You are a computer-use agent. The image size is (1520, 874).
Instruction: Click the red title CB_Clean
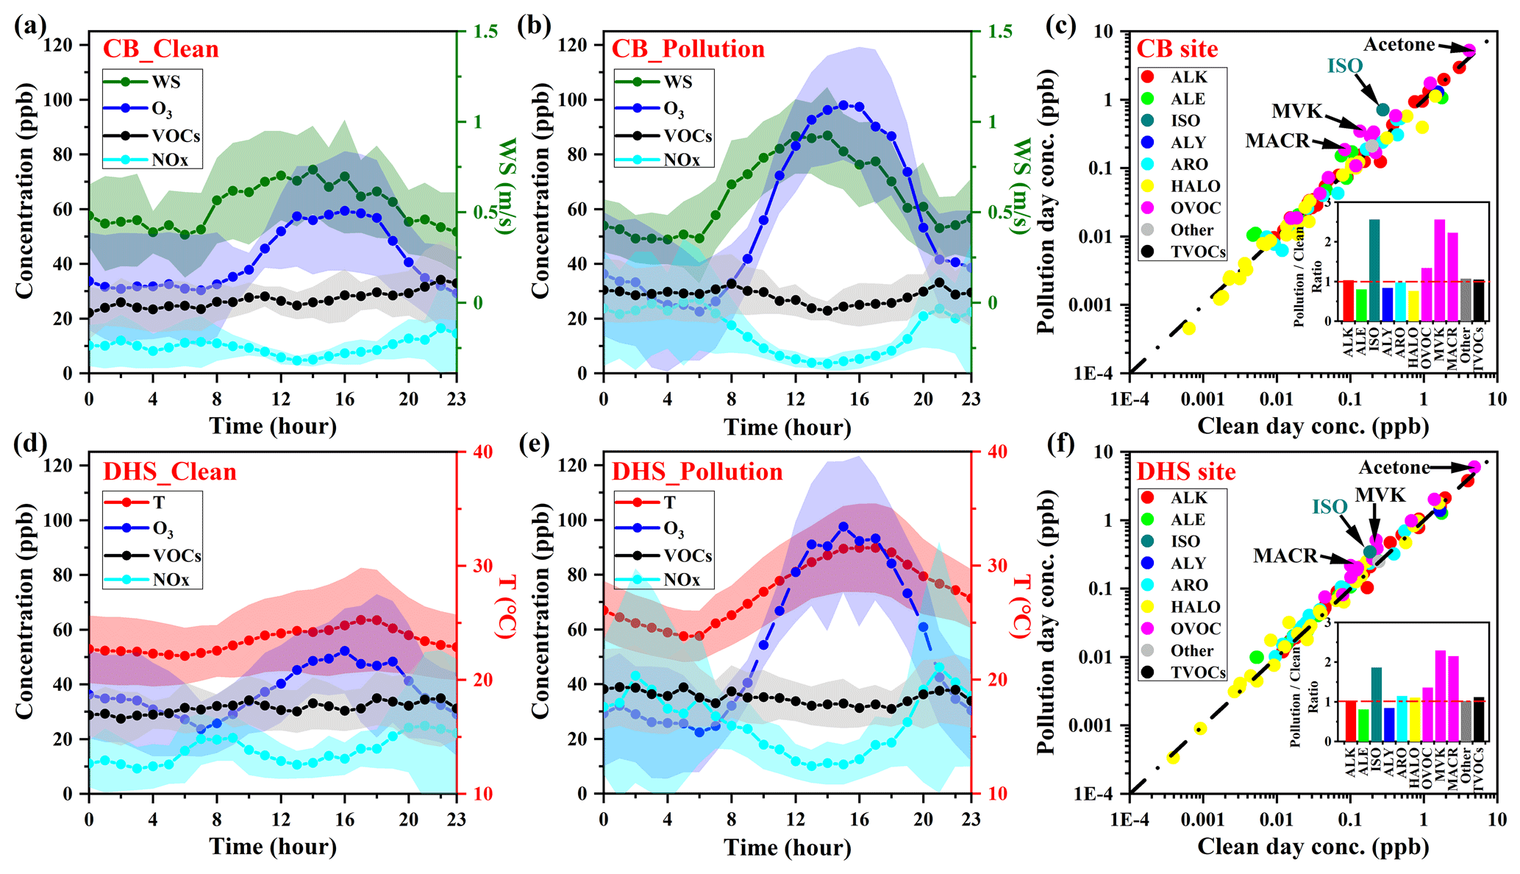click(160, 49)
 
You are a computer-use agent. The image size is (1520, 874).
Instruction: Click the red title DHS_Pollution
click(697, 472)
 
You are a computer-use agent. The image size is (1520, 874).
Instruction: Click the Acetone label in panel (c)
click(1399, 45)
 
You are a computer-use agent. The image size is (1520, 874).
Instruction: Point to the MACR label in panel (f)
click(1285, 556)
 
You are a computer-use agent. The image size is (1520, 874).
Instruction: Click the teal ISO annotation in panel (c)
click(1344, 66)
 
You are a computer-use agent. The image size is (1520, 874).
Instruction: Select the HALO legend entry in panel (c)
click(1195, 187)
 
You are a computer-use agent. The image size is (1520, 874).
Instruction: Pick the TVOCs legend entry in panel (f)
click(1198, 672)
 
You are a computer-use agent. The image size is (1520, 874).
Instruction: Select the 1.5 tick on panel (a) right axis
click(485, 32)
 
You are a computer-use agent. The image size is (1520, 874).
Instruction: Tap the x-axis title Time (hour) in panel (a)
click(273, 427)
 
